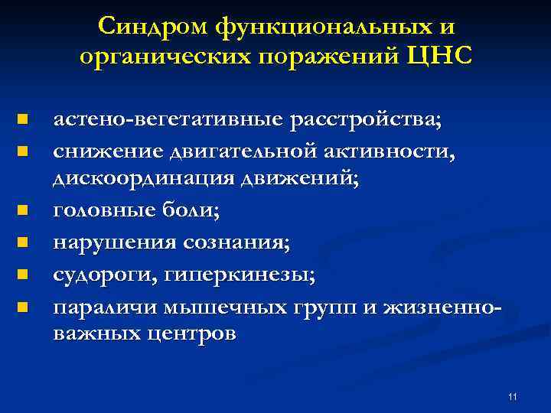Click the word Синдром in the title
click(x=153, y=27)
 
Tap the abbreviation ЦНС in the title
click(x=444, y=57)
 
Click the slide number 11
click(x=512, y=396)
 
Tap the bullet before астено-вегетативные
click(x=23, y=120)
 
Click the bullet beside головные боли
click(x=23, y=209)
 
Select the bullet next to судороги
click(x=23, y=273)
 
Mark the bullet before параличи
click(x=23, y=307)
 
